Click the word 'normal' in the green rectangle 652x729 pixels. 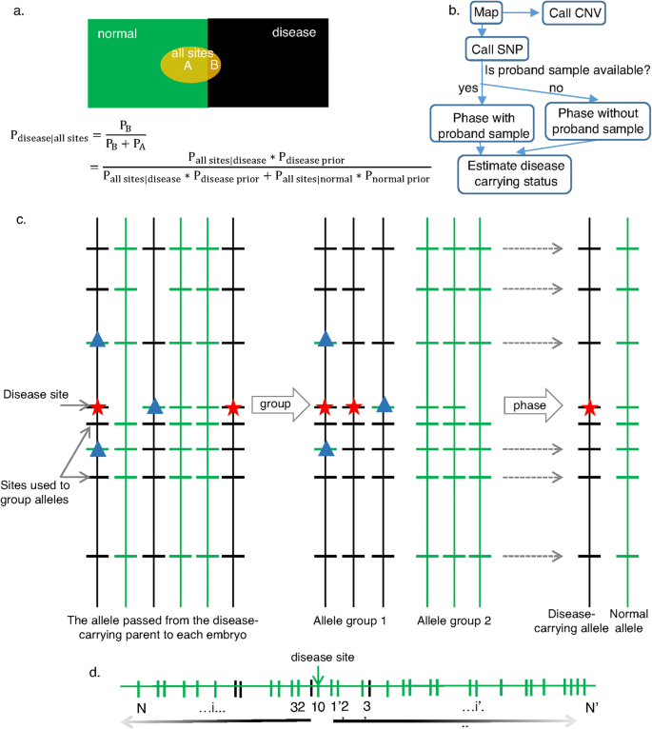click(118, 34)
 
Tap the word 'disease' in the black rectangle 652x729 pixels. click(294, 34)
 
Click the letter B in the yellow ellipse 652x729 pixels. click(214, 66)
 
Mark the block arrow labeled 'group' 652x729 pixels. click(276, 407)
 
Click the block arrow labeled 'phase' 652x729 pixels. click(530, 407)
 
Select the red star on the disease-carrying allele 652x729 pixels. click(591, 407)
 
